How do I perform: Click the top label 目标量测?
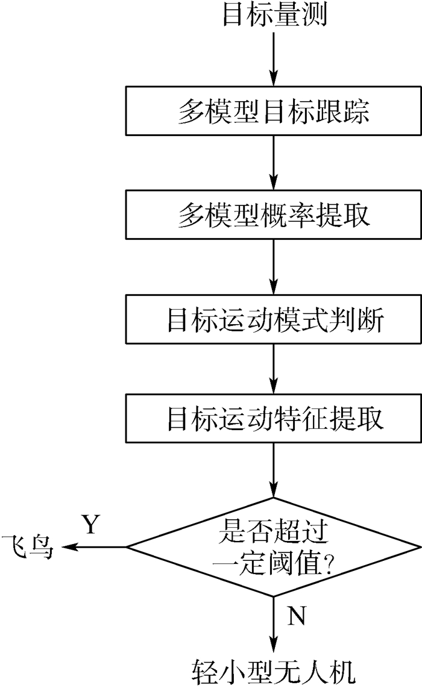click(x=274, y=15)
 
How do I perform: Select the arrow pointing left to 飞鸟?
click(x=93, y=547)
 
